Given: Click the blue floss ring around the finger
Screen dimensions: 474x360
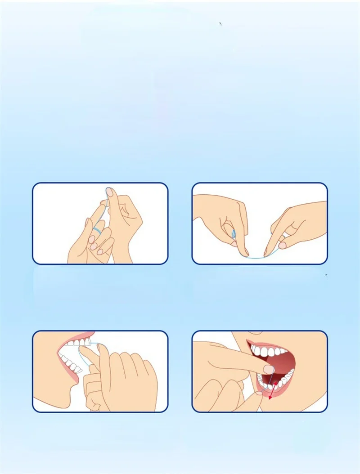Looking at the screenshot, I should (x=97, y=230).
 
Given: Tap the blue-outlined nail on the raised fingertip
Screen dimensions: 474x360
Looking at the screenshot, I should (x=109, y=192).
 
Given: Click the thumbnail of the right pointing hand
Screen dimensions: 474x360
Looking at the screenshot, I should (x=282, y=245).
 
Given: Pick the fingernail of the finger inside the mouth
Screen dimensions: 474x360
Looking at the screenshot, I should (x=268, y=369).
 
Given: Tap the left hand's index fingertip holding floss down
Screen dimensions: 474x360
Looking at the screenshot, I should (x=245, y=252).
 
